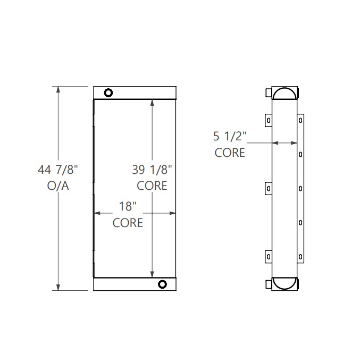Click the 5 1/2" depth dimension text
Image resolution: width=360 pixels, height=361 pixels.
click(x=230, y=136)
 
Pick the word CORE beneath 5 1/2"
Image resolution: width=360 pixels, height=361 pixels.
click(x=230, y=153)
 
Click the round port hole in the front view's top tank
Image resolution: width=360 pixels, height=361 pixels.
click(x=108, y=93)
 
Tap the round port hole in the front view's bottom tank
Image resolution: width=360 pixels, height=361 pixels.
click(x=162, y=284)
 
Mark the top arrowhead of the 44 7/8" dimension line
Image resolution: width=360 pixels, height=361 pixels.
click(x=58, y=90)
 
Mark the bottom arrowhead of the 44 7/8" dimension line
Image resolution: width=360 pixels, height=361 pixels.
click(x=58, y=287)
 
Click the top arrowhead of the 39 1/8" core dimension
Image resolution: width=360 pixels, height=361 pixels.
click(x=153, y=103)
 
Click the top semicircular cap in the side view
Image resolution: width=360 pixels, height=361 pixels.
click(x=284, y=94)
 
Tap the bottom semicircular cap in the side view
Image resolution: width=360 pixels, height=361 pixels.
click(x=284, y=283)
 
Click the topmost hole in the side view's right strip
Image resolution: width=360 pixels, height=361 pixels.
click(x=300, y=120)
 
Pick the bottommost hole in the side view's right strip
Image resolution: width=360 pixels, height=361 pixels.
click(x=300, y=257)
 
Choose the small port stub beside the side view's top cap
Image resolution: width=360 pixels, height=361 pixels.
click(x=268, y=93)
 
